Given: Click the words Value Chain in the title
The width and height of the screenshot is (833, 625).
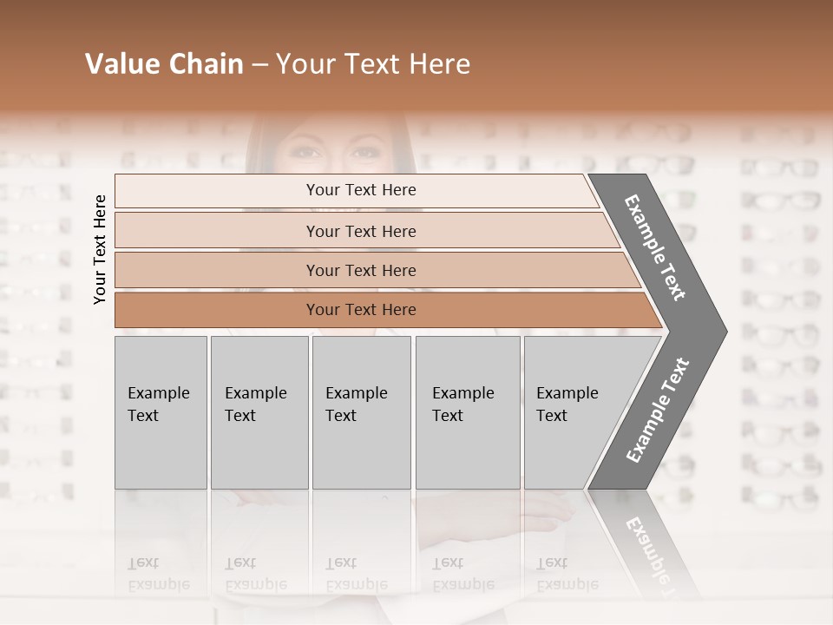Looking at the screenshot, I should point(164,64).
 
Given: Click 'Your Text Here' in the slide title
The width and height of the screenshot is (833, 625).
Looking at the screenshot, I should point(373,64).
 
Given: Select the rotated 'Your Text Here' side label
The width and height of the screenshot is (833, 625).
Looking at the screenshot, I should point(100,250).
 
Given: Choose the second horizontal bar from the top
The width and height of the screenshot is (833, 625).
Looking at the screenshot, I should point(361,231).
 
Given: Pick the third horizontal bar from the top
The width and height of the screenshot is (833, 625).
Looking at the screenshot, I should point(361,270).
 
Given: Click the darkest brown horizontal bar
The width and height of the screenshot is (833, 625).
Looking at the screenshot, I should point(361,310).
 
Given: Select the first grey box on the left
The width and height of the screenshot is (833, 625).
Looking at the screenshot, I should point(161,412).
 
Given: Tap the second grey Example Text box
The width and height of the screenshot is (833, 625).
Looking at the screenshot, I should point(259,412).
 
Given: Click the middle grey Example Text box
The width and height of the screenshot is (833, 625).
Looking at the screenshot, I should point(361,412).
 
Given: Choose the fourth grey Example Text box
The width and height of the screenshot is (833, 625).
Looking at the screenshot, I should point(467,412).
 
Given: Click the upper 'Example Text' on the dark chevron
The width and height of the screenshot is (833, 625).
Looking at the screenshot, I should point(655,247).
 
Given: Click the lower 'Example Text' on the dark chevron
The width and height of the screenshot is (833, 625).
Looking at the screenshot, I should point(658,410).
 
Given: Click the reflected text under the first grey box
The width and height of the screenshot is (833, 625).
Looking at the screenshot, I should point(158,573).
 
